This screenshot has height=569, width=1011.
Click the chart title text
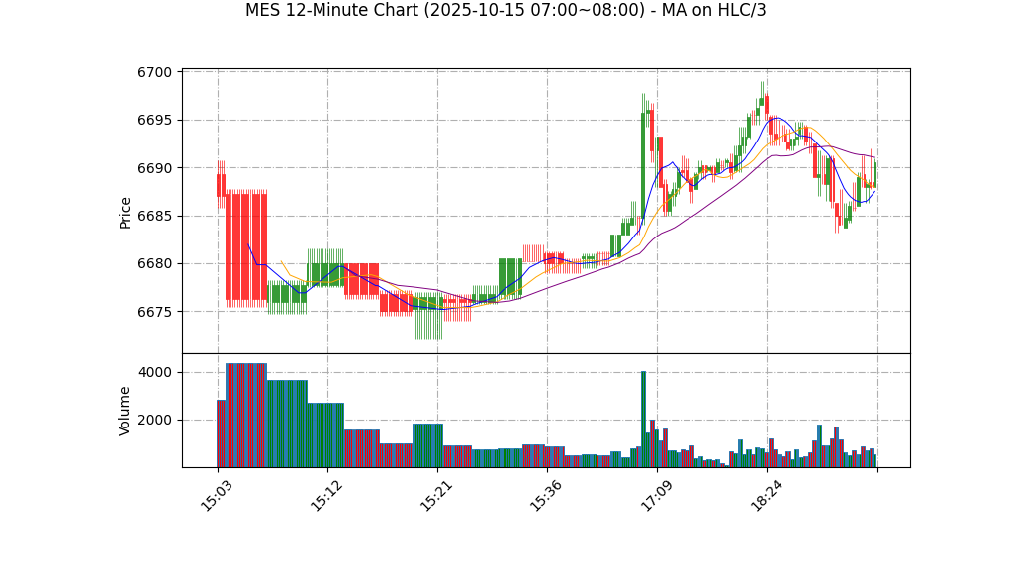point(505,11)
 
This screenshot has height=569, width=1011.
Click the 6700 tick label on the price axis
point(155,72)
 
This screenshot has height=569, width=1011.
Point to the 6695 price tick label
point(155,121)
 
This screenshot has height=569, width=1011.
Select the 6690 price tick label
point(155,168)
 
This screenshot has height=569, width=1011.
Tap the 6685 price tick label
point(155,216)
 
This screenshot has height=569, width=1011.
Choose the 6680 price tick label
point(155,264)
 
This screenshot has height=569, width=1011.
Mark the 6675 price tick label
point(155,312)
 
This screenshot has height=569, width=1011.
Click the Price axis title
point(126,212)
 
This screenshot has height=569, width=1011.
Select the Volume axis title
point(126,411)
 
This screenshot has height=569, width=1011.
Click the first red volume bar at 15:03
point(221,433)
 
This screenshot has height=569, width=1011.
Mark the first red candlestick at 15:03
point(221,185)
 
